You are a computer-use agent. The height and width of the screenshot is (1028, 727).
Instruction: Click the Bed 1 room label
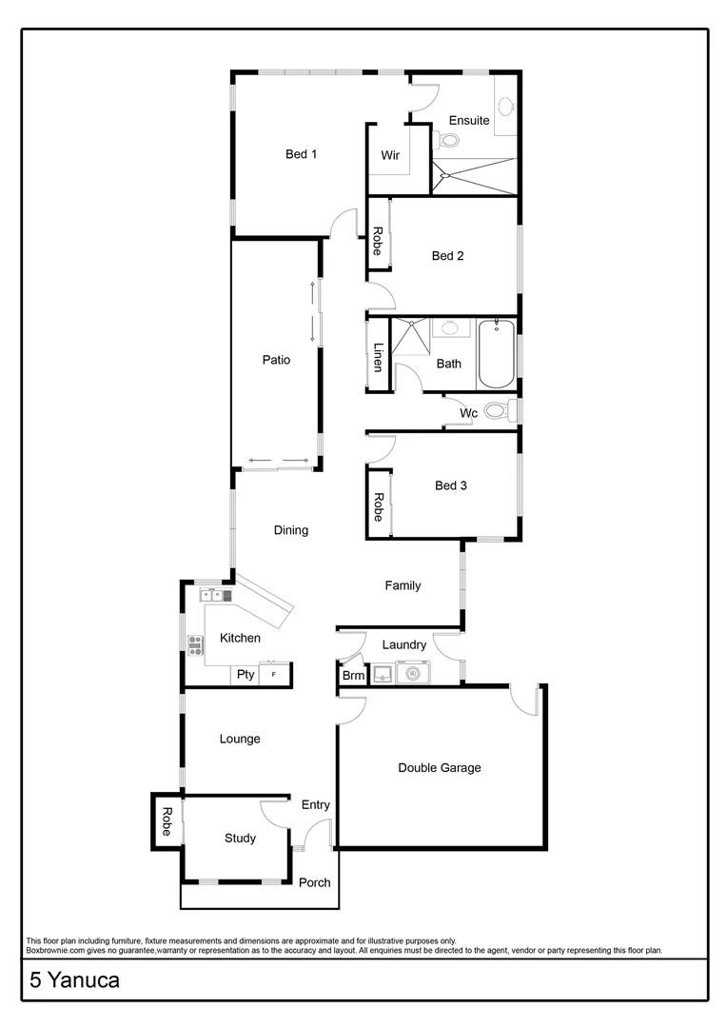301,154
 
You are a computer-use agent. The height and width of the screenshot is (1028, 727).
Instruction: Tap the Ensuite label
470,121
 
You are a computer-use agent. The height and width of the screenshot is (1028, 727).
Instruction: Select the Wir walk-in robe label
390,155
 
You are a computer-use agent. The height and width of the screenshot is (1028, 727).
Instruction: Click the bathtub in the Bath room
496,354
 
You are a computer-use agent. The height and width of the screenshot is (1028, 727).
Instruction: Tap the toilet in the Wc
497,412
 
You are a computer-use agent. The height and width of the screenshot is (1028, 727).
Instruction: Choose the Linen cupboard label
378,356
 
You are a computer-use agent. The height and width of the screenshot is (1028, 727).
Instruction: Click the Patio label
276,360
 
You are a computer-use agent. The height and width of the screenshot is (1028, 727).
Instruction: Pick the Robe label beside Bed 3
378,506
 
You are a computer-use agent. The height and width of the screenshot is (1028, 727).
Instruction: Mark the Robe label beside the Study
166,821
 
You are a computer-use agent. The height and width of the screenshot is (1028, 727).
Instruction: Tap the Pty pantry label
246,675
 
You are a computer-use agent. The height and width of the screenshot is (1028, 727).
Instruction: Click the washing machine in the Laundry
413,674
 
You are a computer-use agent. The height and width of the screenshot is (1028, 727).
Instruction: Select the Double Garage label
440,768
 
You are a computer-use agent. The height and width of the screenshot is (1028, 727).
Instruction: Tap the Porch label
315,882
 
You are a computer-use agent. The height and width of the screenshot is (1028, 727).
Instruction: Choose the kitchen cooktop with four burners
196,646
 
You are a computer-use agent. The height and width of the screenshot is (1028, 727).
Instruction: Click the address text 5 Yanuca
75,980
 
